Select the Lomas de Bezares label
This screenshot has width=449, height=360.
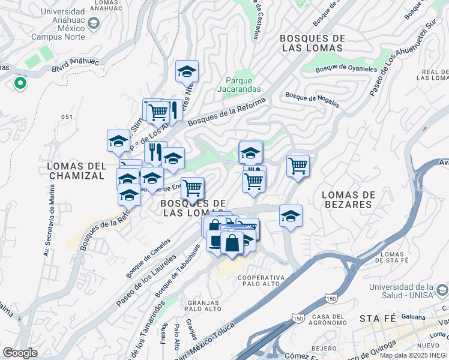point(348,199)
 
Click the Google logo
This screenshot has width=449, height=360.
point(20,353)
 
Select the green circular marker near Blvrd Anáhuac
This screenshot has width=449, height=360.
point(20,83)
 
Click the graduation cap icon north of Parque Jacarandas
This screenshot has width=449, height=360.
point(187,71)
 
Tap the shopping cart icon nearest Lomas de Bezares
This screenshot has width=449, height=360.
point(298,166)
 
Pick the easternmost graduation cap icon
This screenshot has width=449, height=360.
point(291,216)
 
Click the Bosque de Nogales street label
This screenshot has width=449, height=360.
point(312,99)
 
